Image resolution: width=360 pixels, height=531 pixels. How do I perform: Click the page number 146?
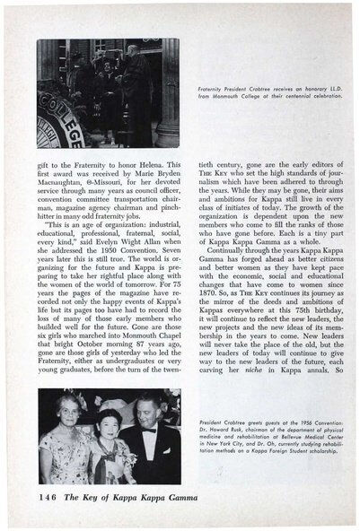pos(50,497)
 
